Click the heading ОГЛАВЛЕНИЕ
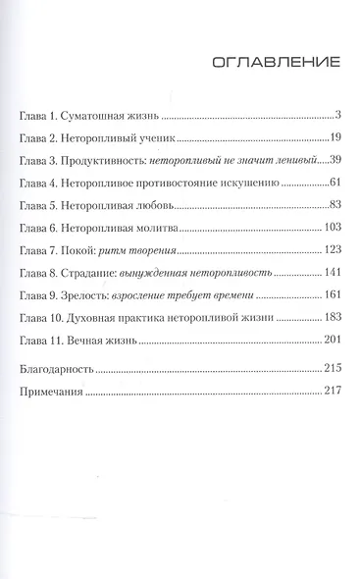[276, 65]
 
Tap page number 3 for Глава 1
[336, 116]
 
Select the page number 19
[334, 138]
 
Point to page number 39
[333, 161]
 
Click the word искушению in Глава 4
[265, 184]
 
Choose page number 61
[333, 184]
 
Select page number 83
[333, 206]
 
